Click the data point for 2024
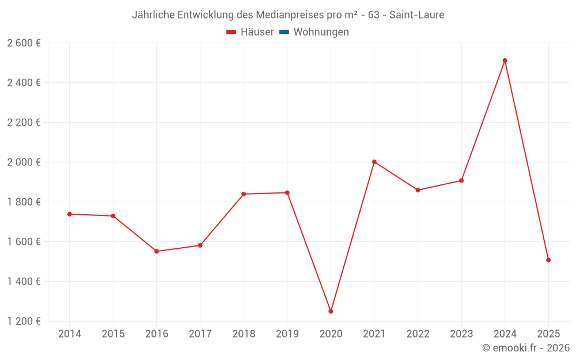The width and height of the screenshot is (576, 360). [505, 60]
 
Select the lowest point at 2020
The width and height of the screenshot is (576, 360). [331, 311]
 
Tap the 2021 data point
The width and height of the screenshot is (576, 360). [374, 162]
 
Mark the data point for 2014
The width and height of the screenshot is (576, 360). [70, 214]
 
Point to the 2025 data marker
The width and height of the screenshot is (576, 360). [548, 260]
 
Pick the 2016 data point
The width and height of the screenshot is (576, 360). [157, 251]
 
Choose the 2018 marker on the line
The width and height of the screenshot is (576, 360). [244, 194]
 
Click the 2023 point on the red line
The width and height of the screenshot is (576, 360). [461, 181]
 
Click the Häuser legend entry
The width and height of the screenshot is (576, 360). [250, 32]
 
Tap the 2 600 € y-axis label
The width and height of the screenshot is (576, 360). [24, 43]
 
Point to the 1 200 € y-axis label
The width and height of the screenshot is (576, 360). [24, 321]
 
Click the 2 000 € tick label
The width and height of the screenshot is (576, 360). [24, 162]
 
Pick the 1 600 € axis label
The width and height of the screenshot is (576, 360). [24, 242]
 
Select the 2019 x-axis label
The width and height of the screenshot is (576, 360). [287, 334]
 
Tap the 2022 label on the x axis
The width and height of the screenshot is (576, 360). [418, 334]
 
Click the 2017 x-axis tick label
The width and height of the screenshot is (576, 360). [200, 334]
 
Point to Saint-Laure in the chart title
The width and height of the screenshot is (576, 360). [416, 15]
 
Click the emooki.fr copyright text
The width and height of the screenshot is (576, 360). [526, 348]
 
